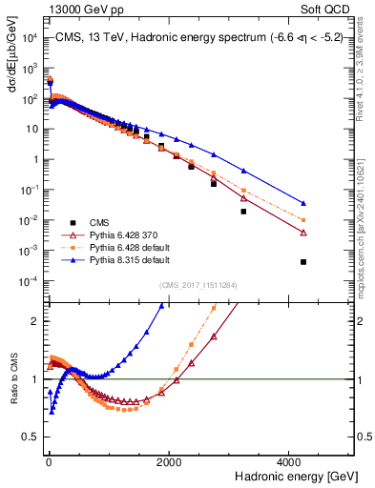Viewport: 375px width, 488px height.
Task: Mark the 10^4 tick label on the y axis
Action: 31,38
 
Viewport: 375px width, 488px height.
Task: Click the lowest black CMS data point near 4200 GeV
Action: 302,262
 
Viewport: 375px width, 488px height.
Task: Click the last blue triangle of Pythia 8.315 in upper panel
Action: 302,203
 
